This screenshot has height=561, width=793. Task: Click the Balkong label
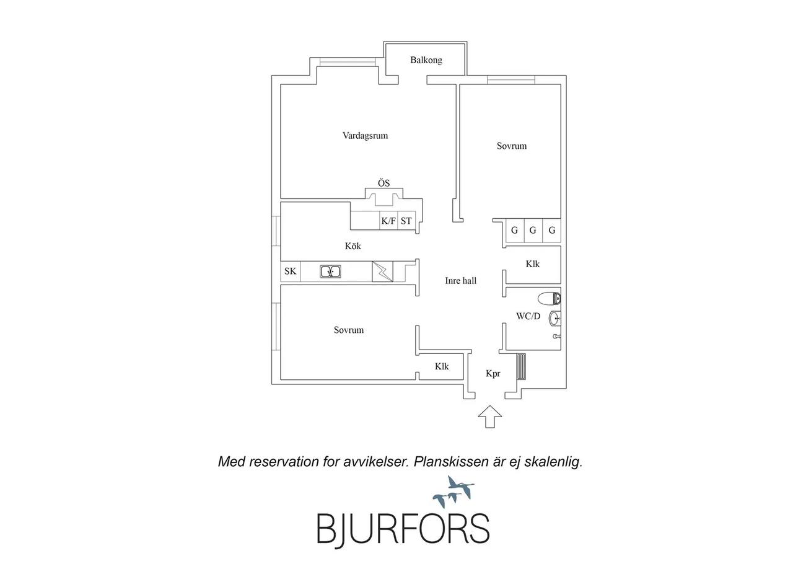point(426,60)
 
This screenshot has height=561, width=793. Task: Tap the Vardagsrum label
point(365,136)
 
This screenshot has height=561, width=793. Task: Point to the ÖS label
point(383,183)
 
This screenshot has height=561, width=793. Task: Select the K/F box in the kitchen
point(388,221)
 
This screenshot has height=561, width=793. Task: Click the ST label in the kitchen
point(406,221)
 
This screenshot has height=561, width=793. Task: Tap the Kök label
point(353,246)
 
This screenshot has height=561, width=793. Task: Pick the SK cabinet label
point(291,272)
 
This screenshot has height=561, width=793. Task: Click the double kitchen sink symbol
point(330,272)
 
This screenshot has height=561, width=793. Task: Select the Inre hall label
point(460,280)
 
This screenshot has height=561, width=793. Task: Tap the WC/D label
point(528,316)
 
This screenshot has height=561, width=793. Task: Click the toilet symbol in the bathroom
point(549,299)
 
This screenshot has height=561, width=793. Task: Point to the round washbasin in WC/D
point(554,318)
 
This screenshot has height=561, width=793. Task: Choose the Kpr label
point(493,373)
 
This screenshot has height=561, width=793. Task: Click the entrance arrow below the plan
point(490,417)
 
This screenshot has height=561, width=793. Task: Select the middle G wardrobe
point(533,230)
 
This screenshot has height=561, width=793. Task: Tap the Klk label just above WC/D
point(532,264)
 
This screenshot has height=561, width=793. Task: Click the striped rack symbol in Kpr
point(521,366)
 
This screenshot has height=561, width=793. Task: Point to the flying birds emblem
point(453,492)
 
